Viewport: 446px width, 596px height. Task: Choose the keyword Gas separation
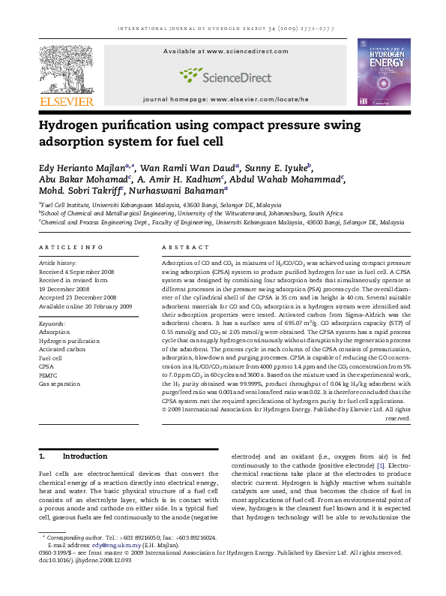point(59,384)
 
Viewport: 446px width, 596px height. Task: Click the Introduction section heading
point(85,456)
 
